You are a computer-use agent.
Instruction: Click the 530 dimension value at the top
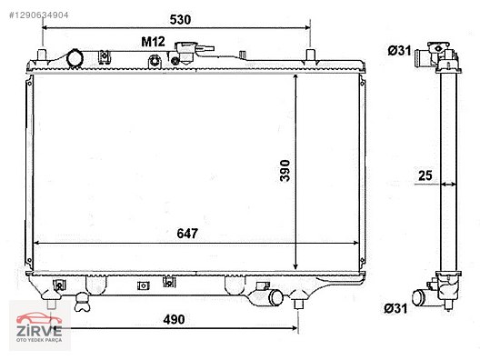(x=180, y=20)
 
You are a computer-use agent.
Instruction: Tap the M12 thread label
(x=153, y=42)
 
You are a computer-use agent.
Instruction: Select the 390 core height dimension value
(x=285, y=171)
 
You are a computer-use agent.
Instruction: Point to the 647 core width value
(x=187, y=234)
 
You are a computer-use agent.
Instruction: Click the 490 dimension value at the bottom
(x=174, y=320)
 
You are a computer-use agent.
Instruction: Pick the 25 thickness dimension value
(x=425, y=175)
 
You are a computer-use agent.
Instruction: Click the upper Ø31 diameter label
(x=399, y=51)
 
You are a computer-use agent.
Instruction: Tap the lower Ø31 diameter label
(x=395, y=308)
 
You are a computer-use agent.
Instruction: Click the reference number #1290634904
(x=38, y=15)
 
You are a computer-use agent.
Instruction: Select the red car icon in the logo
(x=39, y=318)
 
